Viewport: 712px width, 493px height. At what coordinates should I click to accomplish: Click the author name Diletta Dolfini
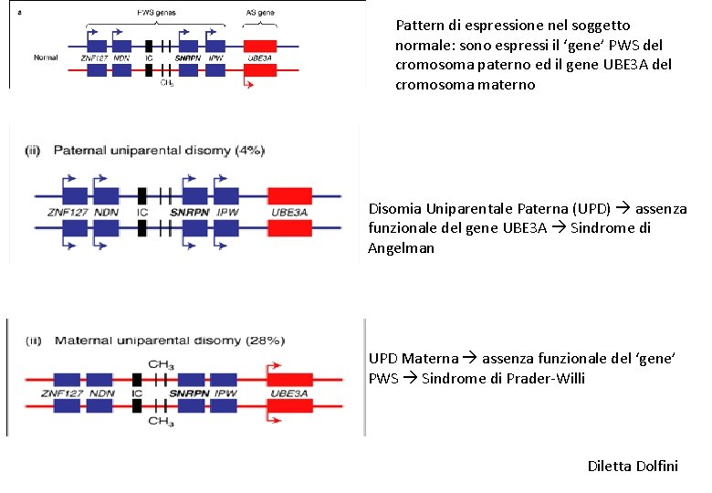coord(633,467)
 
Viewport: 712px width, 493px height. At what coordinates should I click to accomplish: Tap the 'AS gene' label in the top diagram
coord(260,14)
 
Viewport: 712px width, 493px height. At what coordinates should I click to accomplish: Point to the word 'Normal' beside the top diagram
coord(46,58)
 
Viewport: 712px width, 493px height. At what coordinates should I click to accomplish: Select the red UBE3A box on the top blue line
coord(260,46)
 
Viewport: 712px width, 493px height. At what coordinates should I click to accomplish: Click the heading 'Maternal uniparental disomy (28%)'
coord(170,341)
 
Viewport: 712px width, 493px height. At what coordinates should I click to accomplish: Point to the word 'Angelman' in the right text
coord(397,248)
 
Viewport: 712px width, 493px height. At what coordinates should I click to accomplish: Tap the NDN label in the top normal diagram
coord(120,58)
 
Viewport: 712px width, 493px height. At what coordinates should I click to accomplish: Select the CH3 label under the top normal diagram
coord(166,83)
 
